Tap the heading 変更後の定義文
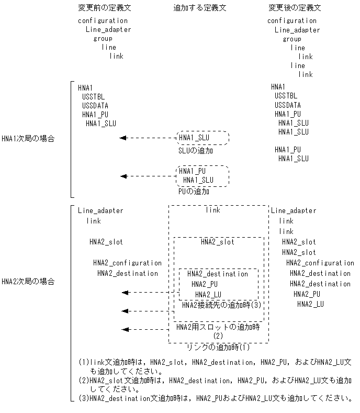pos(294,8)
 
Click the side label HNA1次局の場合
pos(28,139)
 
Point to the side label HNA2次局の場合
pos(28,282)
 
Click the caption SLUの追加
pos(196,151)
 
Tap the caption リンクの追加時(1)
pos(218,347)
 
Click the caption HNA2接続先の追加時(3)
pos(221,305)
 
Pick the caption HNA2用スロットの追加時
pos(218,327)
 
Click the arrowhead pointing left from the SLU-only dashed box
pos(123,138)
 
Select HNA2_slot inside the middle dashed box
pos(218,242)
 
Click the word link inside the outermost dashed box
pos(213,210)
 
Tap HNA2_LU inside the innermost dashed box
pos(209,294)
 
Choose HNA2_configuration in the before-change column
pos(128,263)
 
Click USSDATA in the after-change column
pos(288,105)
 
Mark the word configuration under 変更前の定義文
pos(103,21)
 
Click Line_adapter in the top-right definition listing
pos(297,30)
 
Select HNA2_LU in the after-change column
pos(311,304)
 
